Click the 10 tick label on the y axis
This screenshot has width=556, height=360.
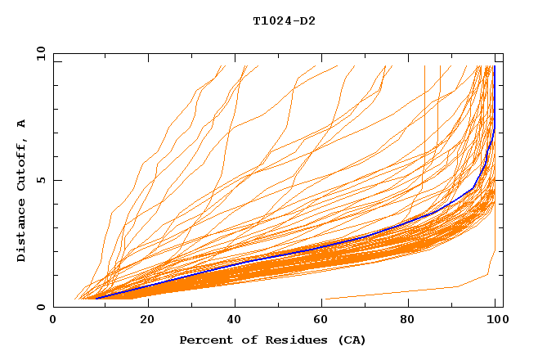coord(40,53)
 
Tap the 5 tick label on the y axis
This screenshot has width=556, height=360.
coord(43,180)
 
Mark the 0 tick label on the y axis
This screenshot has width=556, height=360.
coord(43,307)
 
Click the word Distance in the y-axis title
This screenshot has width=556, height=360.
coord(22,229)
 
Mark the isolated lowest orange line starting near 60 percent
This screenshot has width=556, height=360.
coord(392,293)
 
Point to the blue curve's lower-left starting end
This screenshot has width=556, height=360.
coord(96,298)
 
